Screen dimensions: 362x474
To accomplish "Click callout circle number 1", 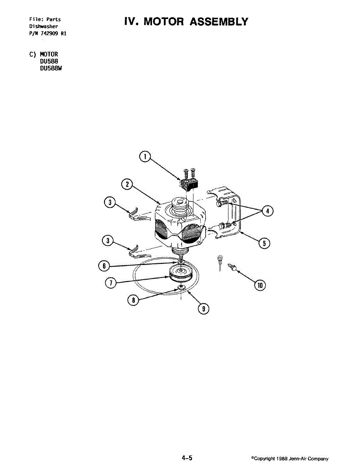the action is coord(145,157).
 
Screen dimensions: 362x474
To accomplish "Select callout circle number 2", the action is coord(126,184).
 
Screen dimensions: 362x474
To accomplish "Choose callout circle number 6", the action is coord(104,266).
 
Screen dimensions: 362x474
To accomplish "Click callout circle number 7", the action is coord(111,282).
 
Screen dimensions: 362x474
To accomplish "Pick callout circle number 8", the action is coord(133,300).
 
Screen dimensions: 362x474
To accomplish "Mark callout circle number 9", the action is coord(203,309).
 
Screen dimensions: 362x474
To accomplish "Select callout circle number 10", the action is coord(260,285).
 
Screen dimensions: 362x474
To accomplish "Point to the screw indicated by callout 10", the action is coord(233,268).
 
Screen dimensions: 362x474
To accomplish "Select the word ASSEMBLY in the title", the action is coord(219,22).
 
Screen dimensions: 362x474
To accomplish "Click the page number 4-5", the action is coord(187,458).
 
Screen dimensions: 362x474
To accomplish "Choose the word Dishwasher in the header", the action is coord(44,26).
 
